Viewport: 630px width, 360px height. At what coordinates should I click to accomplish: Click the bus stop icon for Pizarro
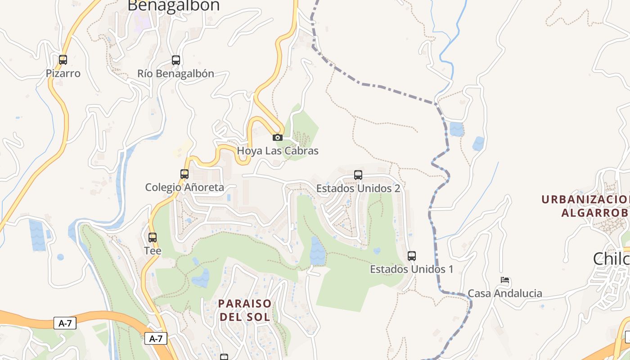[x=63, y=59]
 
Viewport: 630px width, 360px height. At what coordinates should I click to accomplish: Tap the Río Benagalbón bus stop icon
[x=176, y=60]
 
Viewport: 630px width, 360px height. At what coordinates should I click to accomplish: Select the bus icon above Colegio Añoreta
[x=184, y=174]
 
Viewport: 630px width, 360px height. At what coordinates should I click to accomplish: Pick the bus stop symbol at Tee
[x=153, y=237]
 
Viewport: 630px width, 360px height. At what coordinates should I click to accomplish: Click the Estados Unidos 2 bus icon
[x=358, y=175]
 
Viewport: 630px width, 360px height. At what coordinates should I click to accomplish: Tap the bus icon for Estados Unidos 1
[x=412, y=256]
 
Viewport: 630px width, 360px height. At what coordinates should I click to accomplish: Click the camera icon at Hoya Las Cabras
[x=278, y=137]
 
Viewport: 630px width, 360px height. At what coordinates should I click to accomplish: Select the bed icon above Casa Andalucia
[x=505, y=280]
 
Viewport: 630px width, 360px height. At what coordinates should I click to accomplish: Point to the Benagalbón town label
[x=173, y=6]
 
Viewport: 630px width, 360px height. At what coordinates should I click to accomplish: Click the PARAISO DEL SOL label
[x=245, y=310]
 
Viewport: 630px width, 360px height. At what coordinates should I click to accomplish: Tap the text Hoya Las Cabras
[x=278, y=151]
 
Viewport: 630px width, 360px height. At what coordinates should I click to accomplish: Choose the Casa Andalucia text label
[x=505, y=293]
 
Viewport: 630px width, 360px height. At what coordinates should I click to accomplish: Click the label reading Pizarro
[x=63, y=73]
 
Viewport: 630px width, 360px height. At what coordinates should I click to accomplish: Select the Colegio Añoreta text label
[x=184, y=187]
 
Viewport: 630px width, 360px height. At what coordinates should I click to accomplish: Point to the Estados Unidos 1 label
[x=411, y=269]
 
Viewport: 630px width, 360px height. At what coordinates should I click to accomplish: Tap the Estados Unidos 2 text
[x=358, y=188]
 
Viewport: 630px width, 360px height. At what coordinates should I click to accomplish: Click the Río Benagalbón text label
[x=176, y=73]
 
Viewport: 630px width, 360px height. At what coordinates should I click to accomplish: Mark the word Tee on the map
[x=153, y=251]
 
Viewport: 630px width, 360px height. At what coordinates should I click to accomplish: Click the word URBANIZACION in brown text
[x=585, y=199]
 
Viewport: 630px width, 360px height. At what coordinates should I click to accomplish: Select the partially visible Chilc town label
[x=611, y=259]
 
